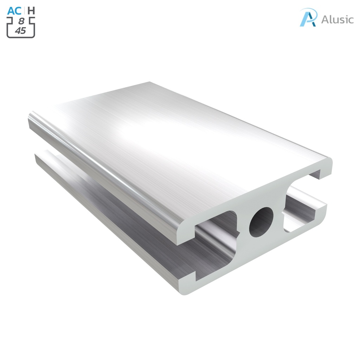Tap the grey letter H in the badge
click(31, 11)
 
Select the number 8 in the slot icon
click(21, 21)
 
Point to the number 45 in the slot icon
click(20, 31)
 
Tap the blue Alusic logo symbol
click(308, 18)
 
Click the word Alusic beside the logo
click(337, 19)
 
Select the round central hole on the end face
click(261, 222)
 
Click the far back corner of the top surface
click(149, 83)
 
